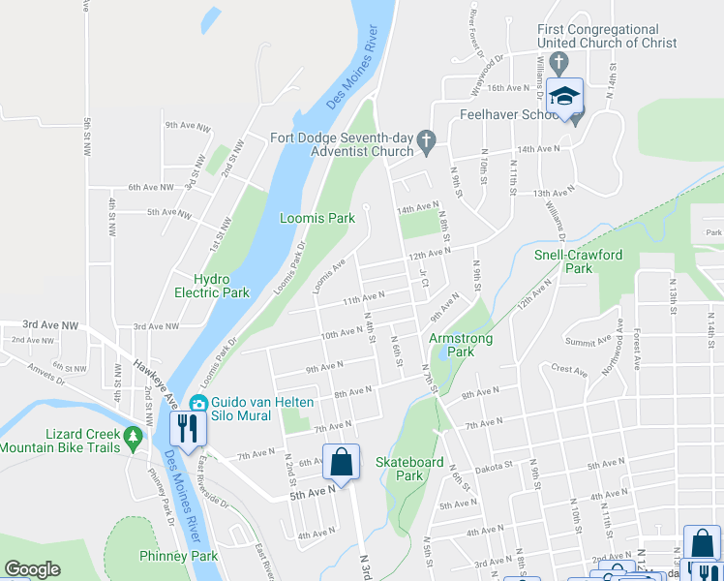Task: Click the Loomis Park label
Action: [317, 219]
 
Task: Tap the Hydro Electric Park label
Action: [212, 286]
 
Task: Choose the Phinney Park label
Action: [178, 556]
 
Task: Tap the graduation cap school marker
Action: [564, 97]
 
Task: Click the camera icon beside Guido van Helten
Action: [198, 403]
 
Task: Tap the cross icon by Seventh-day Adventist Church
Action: [424, 144]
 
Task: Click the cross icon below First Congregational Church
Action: [558, 61]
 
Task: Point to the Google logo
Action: [32, 569]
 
